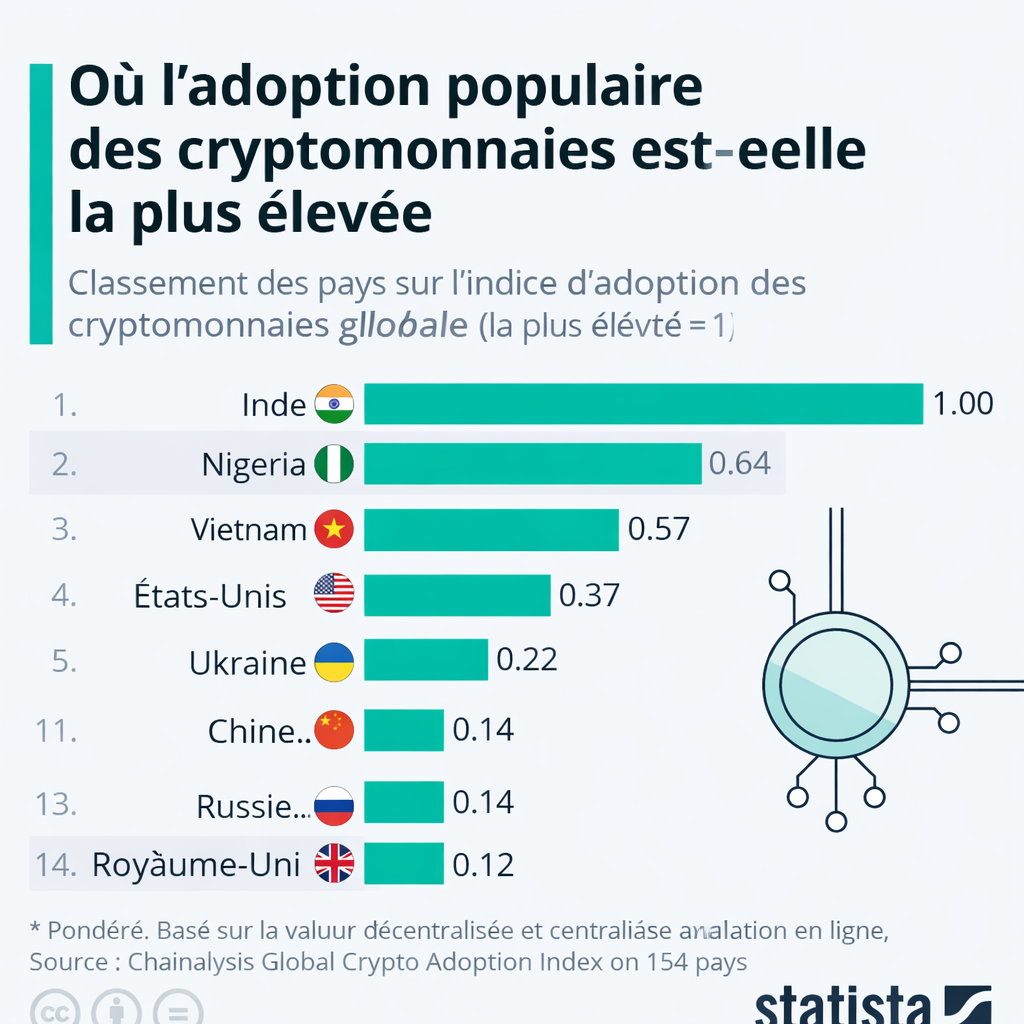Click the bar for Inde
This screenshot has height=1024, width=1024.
tap(642, 404)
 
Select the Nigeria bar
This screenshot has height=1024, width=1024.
tap(532, 464)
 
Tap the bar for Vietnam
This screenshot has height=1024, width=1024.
tap(490, 529)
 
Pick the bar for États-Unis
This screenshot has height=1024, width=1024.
tap(457, 595)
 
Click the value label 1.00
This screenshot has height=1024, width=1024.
tap(962, 404)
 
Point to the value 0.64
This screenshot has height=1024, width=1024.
tap(739, 464)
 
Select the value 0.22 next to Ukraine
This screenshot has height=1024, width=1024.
tap(526, 660)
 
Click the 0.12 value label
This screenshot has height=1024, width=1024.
tap(483, 864)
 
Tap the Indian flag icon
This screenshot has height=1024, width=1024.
tap(334, 404)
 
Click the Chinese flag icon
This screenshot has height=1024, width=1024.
tap(334, 731)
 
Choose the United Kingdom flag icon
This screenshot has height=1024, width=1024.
tap(334, 864)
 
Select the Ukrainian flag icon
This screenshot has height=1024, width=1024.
tap(334, 662)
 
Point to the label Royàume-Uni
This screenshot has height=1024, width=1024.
tap(196, 864)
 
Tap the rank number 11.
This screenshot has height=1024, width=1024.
tap(56, 731)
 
